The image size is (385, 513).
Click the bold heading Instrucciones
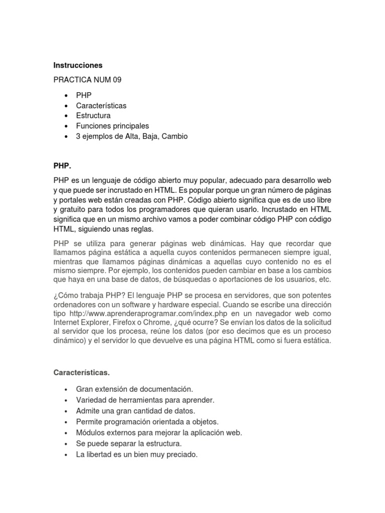[78, 65]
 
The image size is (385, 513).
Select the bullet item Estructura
[93, 116]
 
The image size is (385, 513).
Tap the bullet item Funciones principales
[112, 126]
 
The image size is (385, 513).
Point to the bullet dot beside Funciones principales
[66, 126]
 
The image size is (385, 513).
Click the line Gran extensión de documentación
[134, 389]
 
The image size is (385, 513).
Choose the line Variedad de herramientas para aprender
[145, 400]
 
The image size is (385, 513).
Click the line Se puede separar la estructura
[128, 444]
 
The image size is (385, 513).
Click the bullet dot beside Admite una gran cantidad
[66, 411]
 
